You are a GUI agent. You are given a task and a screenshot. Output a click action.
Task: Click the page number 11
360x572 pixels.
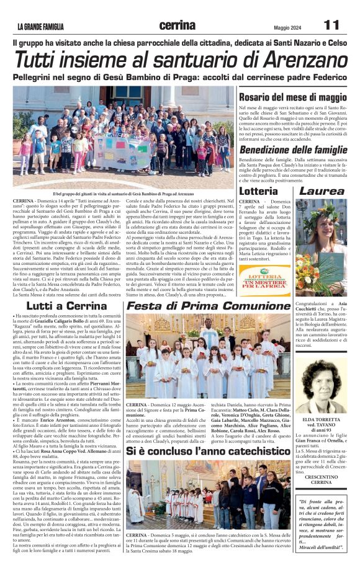click(x=331, y=25)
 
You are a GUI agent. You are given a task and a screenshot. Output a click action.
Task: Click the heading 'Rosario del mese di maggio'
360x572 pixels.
click(x=293, y=98)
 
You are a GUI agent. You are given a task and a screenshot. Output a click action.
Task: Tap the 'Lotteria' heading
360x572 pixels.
click(x=258, y=191)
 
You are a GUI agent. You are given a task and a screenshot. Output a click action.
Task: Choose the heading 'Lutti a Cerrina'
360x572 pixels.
click(x=68, y=305)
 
